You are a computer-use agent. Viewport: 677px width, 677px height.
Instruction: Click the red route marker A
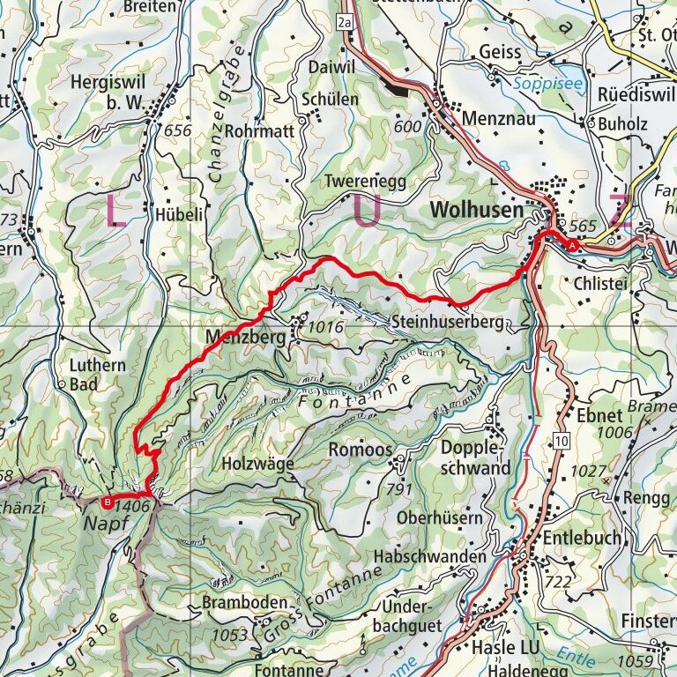click(x=574, y=246)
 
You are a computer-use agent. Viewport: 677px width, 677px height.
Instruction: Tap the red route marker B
click(x=108, y=503)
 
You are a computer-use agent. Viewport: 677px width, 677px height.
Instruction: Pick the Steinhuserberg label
click(x=449, y=324)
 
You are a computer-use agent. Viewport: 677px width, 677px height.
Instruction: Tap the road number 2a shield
click(x=345, y=19)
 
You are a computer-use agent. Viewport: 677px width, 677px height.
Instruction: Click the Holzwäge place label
click(x=257, y=463)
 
